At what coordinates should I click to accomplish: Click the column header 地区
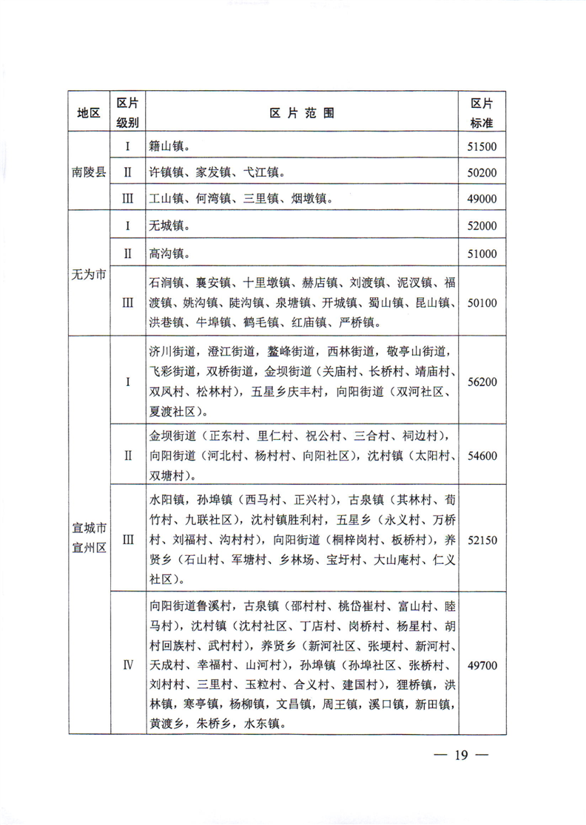click(89, 112)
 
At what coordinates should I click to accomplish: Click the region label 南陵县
click(89, 172)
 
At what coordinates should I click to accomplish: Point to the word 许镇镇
click(166, 172)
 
